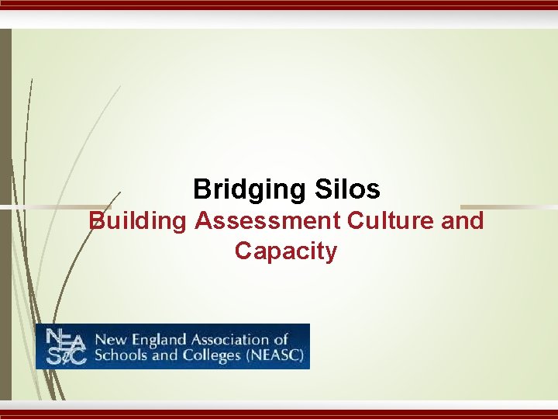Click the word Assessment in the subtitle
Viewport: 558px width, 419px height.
(x=267, y=221)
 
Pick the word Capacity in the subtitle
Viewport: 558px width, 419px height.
(x=286, y=251)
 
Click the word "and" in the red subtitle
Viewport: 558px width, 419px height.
(x=463, y=221)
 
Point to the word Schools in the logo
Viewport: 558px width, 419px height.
(x=117, y=356)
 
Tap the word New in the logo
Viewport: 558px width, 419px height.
(x=107, y=340)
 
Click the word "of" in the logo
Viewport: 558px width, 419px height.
(x=281, y=340)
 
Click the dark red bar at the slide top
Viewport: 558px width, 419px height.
(x=279, y=4)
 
